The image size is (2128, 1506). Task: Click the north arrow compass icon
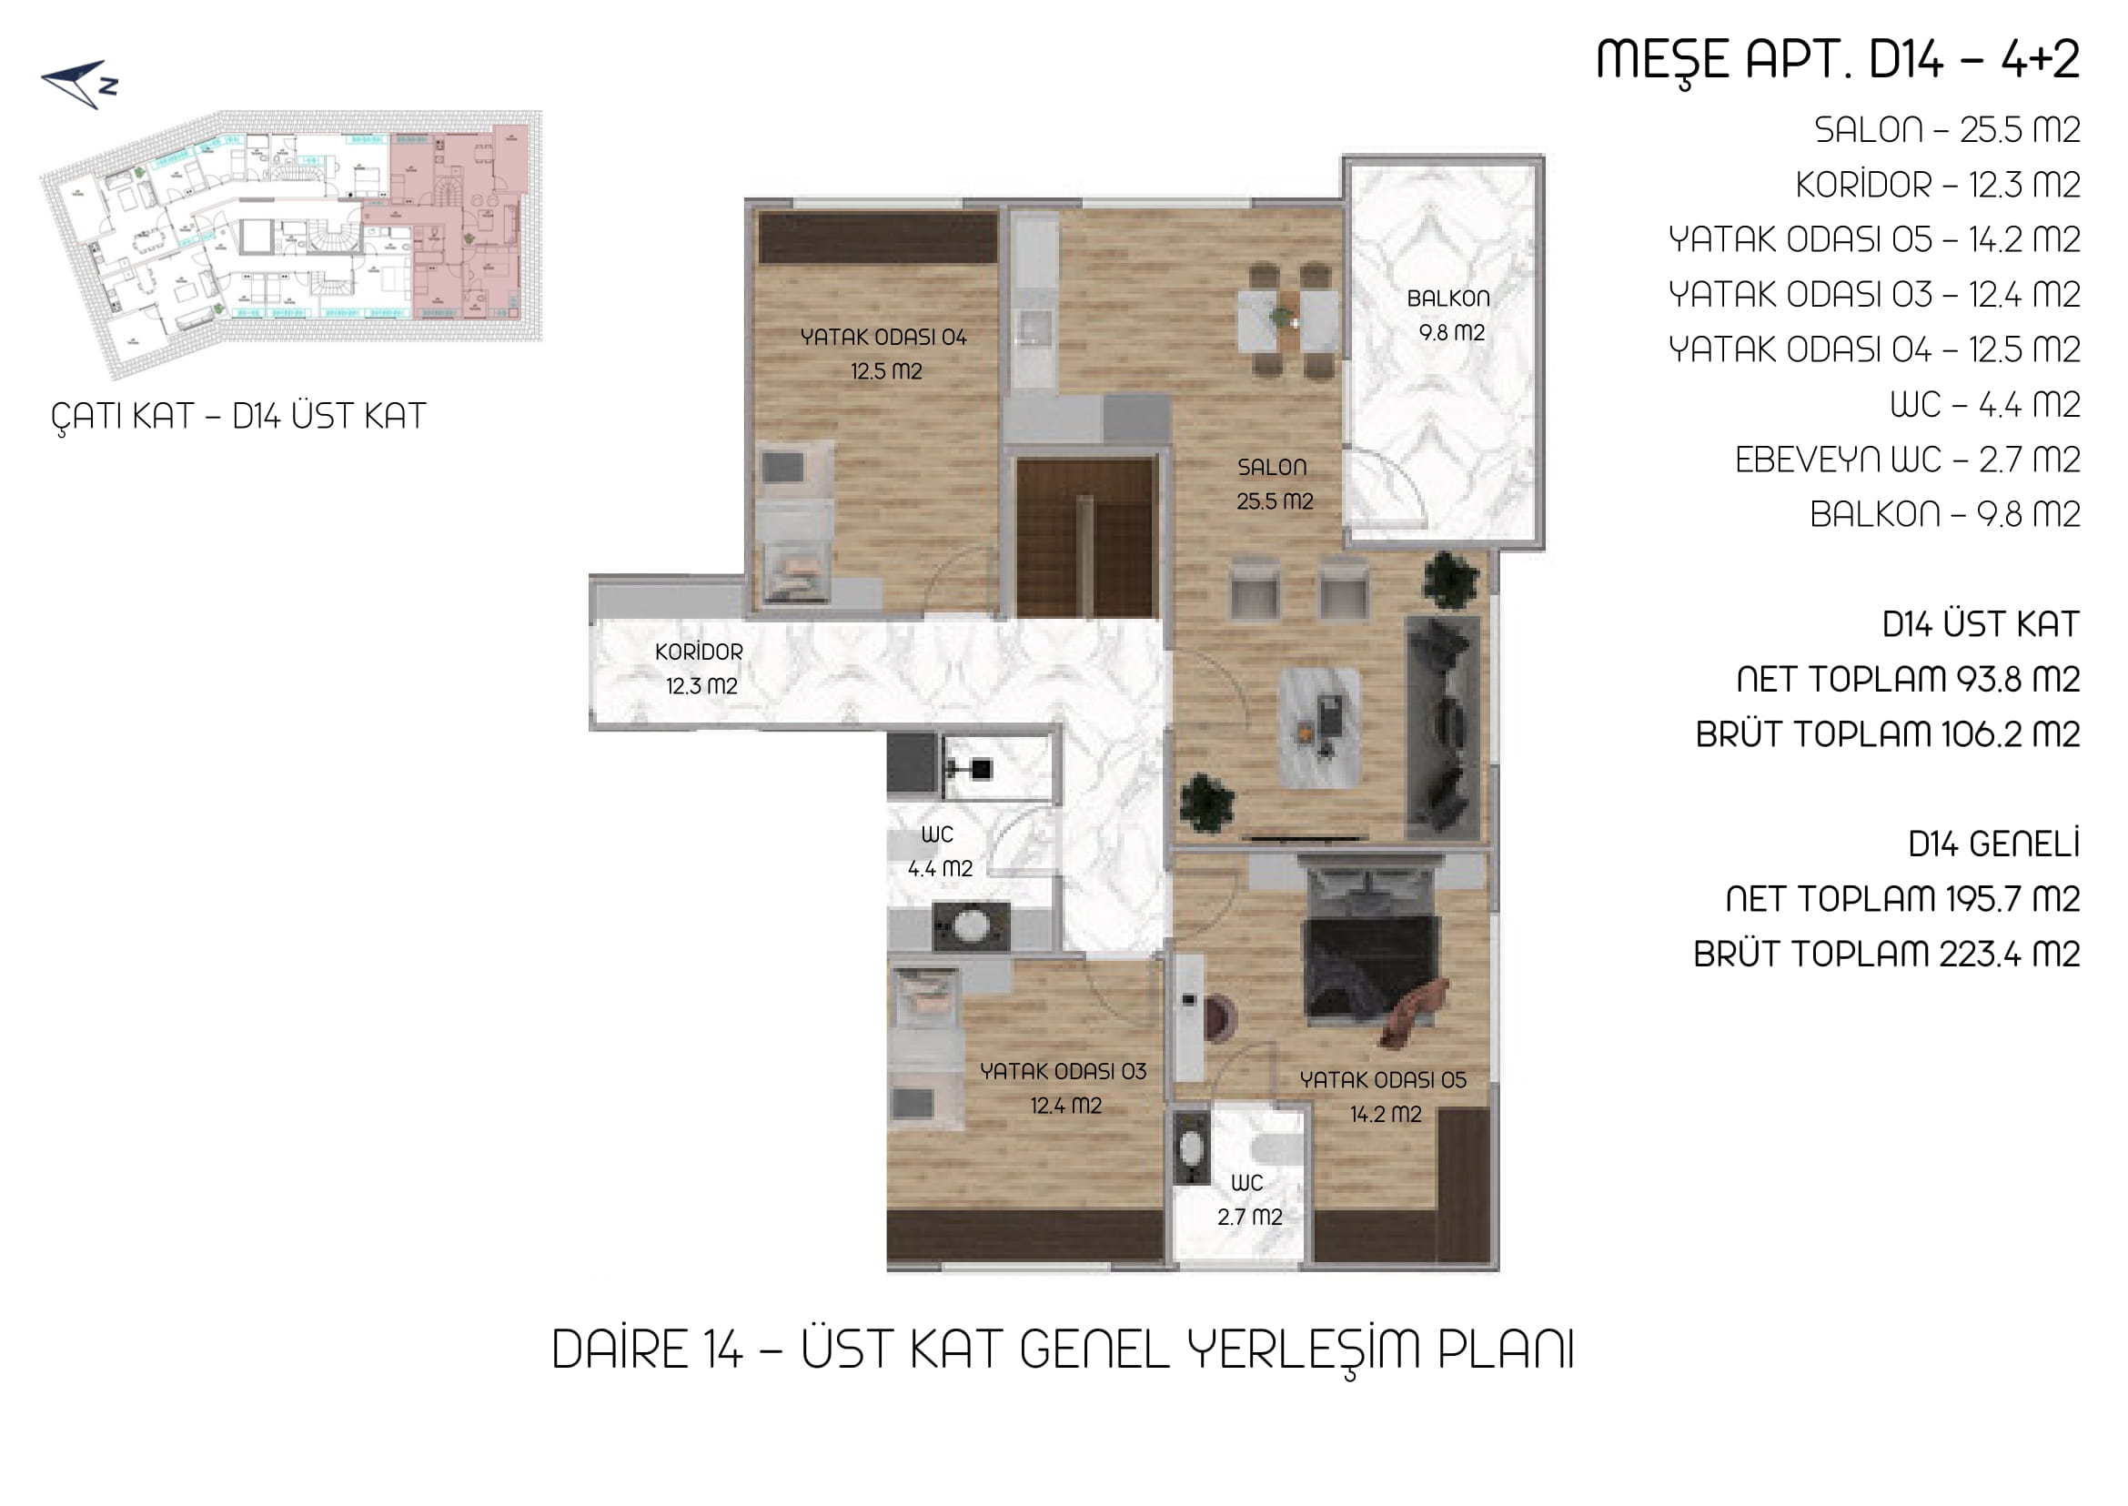coord(80,85)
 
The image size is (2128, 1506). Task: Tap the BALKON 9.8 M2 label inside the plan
coord(1449,315)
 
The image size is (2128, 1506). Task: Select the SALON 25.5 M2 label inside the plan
coord(1274,484)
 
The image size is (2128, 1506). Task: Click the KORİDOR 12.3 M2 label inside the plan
coord(700,669)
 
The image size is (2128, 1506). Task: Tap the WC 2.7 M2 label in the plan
coord(1249,1199)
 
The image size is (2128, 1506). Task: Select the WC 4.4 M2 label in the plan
coord(939,852)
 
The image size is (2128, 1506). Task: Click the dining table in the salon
coord(1289,320)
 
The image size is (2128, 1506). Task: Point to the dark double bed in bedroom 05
coord(1371,955)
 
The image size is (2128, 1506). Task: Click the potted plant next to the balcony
coord(1450,581)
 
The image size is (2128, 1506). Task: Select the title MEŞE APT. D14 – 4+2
coord(1838,60)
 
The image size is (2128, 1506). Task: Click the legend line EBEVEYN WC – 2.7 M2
coord(1907,459)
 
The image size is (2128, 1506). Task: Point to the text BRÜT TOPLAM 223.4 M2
coord(1887,954)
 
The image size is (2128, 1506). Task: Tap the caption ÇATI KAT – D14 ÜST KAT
coord(238,418)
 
